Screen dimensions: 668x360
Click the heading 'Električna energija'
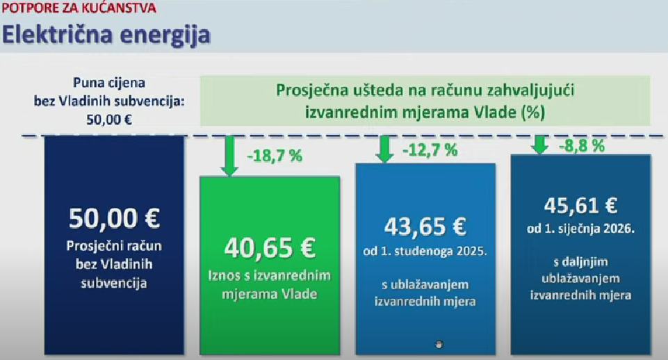(106, 35)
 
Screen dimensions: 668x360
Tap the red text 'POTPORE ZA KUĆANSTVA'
(79, 8)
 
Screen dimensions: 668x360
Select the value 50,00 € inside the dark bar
(114, 218)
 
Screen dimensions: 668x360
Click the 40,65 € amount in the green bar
(270, 247)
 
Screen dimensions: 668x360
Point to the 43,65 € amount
(425, 227)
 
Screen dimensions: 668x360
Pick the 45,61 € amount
(580, 206)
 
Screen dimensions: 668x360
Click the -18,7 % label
(275, 156)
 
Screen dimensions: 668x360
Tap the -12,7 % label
(430, 149)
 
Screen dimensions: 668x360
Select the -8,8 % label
(582, 146)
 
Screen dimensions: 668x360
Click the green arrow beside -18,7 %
(229, 156)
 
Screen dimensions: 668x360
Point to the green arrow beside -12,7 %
(384, 149)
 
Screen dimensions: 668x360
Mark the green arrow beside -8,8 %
(540, 145)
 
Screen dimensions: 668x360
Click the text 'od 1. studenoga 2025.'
(425, 252)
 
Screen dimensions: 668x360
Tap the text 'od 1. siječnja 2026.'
(580, 229)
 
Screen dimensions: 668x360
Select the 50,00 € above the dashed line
(109, 120)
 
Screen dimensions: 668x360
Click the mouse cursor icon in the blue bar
(439, 344)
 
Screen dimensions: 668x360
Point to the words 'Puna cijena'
(109, 83)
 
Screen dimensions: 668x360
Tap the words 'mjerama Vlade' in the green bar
(269, 294)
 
